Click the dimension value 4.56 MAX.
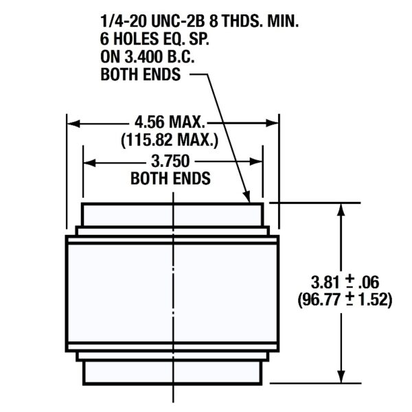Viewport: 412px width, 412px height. coord(170,124)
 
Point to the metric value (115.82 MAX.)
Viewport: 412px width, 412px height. coord(170,141)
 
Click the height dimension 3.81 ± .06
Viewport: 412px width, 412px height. coord(345,282)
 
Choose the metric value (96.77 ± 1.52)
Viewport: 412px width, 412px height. coord(345,299)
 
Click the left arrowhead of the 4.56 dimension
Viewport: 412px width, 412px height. coord(73,124)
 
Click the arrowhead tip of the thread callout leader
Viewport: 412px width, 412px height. coord(248,201)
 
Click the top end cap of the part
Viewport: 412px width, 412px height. coord(172,214)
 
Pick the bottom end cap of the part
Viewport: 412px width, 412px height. coord(172,371)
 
